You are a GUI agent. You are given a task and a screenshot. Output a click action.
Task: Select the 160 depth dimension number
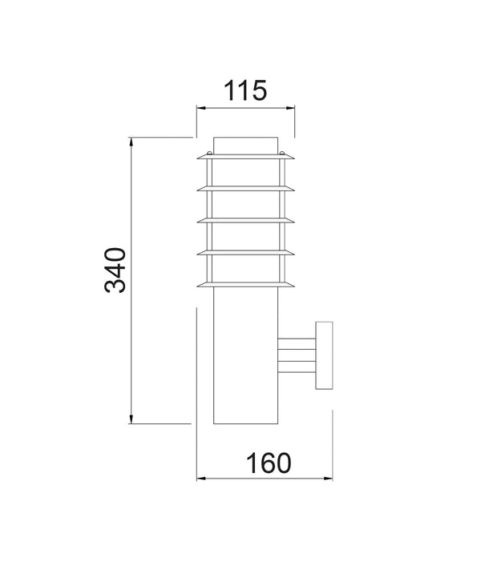click(265, 462)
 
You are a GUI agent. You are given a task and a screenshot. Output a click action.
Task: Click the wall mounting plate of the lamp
click(324, 357)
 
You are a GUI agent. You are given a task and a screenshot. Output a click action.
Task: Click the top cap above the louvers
click(246, 146)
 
